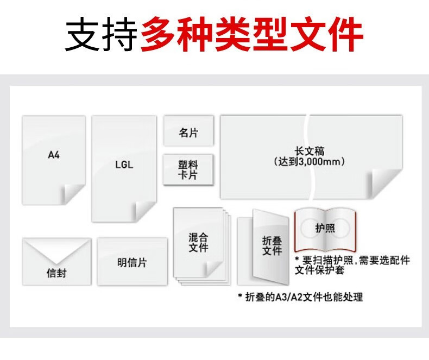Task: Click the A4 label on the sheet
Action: [54, 155]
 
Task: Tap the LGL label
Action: [124, 165]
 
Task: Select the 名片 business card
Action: [189, 131]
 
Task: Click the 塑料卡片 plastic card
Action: [188, 169]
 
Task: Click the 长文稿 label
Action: [310, 151]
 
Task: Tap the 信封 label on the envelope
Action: [56, 273]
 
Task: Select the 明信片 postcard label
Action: [132, 263]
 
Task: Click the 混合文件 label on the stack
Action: [198, 242]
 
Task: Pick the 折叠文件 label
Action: [272, 245]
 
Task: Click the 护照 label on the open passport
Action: [325, 228]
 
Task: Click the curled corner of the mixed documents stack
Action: [214, 268]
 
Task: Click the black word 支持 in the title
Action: [102, 34]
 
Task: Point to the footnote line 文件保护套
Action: [319, 270]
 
